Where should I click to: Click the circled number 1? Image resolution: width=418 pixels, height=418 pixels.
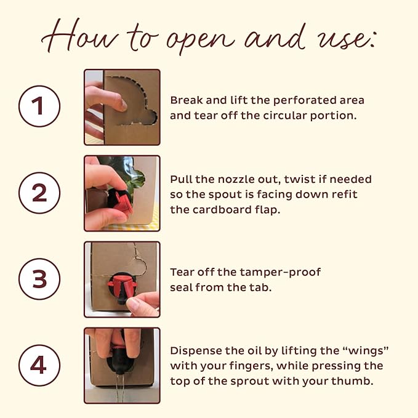click(39, 106)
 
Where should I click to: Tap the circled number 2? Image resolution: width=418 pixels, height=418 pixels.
click(39, 193)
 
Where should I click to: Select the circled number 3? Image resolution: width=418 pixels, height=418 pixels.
click(39, 279)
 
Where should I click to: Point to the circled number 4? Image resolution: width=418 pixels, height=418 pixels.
click(39, 365)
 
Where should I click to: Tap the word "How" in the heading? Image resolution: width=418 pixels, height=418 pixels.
click(80, 36)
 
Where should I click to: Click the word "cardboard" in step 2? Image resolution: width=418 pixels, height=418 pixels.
click(222, 210)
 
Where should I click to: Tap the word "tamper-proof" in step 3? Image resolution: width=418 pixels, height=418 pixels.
click(280, 273)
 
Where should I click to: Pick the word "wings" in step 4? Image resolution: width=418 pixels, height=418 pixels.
click(364, 352)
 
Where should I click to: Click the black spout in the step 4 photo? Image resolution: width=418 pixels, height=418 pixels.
click(119, 363)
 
